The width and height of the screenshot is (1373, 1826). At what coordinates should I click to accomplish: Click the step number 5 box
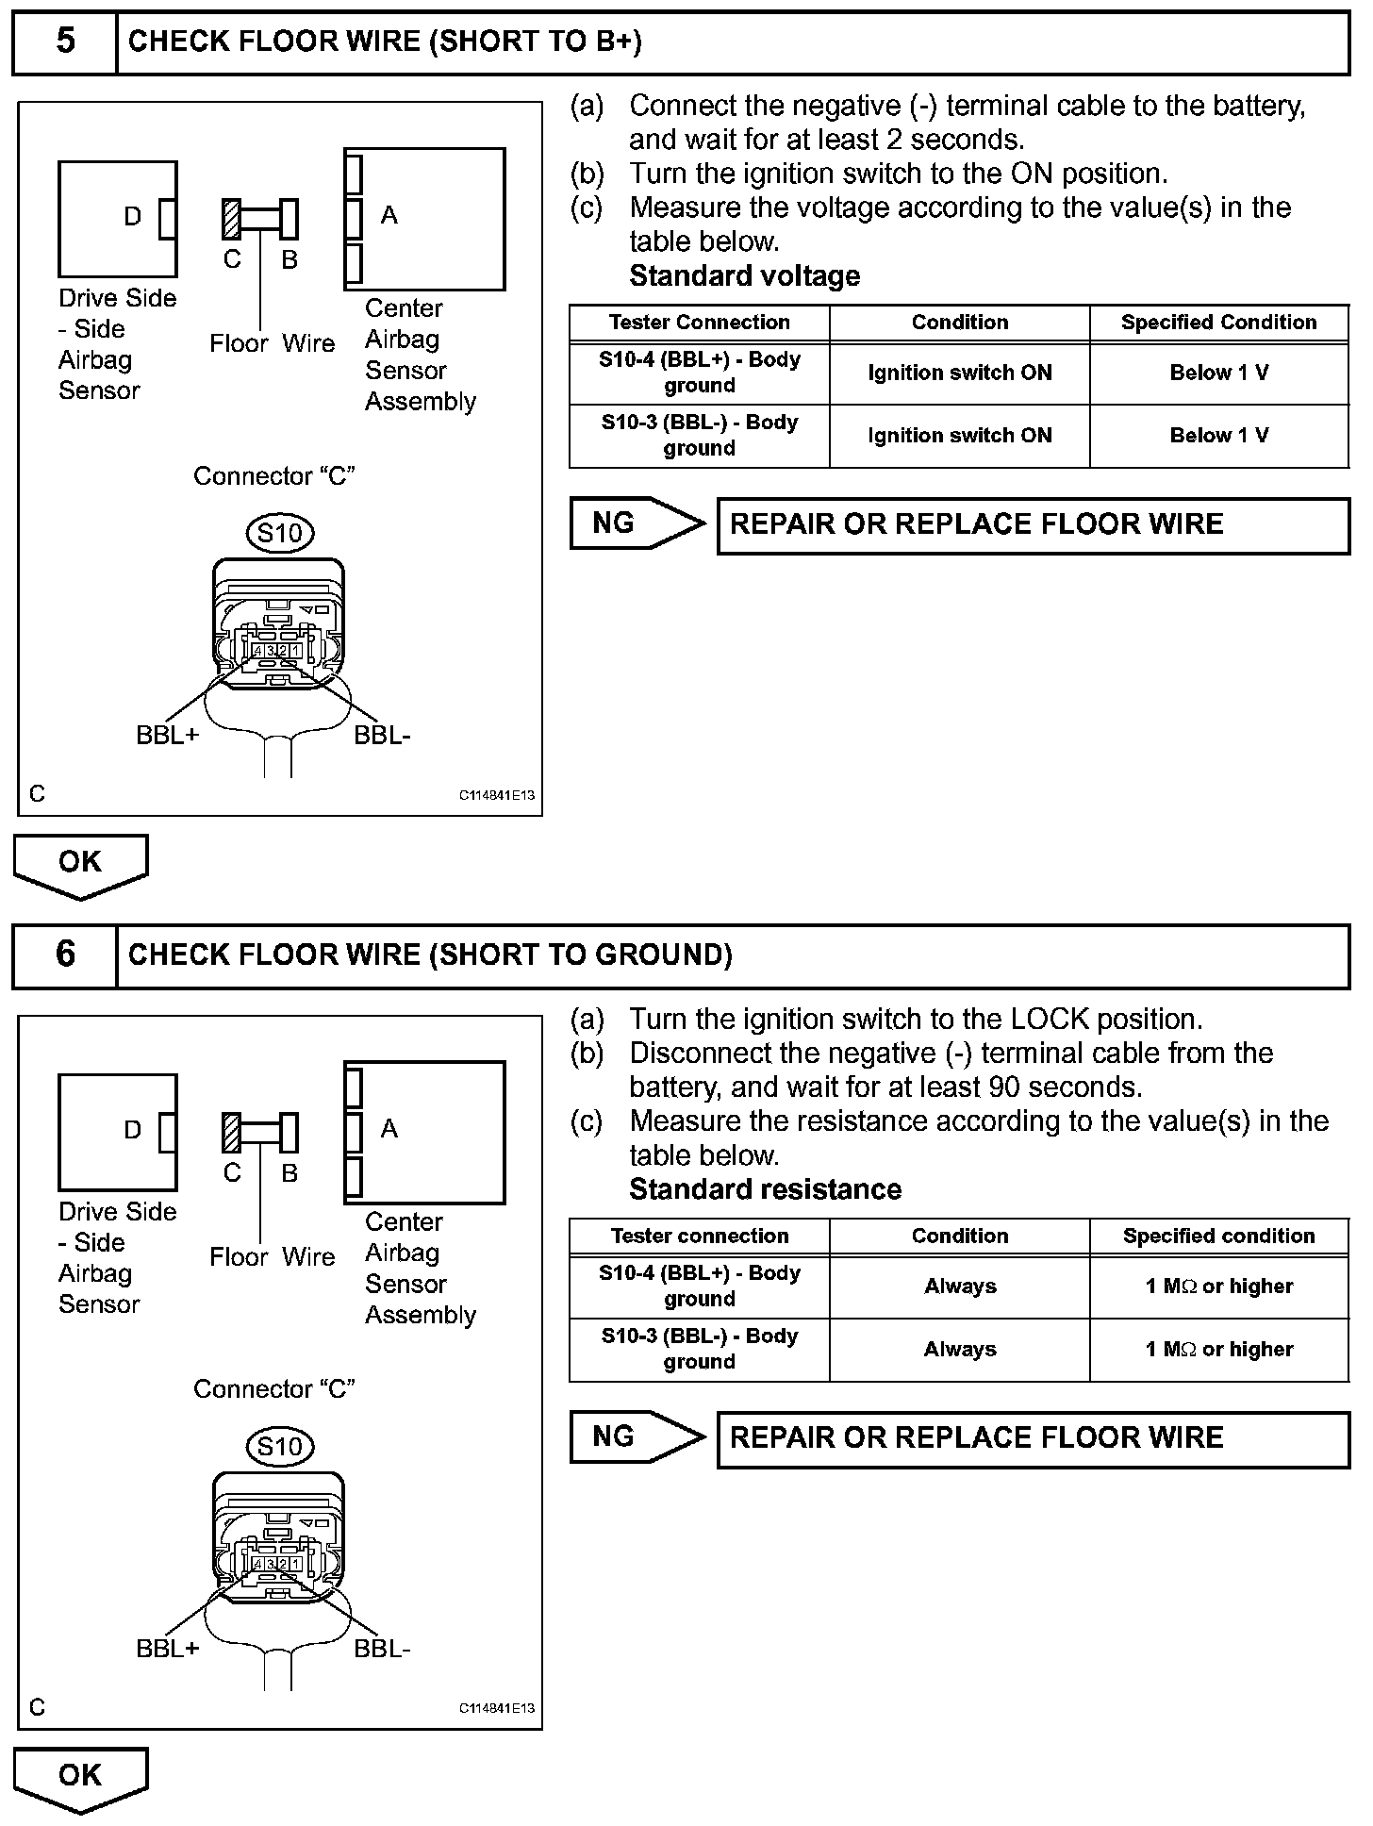coord(65,42)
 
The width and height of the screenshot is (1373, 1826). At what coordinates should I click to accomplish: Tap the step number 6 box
coord(65,955)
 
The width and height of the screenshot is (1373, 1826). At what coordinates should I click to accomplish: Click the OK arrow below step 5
coord(80,863)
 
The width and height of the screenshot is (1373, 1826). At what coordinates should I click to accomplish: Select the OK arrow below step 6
coord(80,1777)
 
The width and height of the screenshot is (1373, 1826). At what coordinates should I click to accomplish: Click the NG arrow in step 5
coord(637,523)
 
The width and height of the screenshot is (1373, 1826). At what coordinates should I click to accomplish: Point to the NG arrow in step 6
coord(637,1437)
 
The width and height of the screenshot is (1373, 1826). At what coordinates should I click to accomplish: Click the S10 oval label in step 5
coord(280,534)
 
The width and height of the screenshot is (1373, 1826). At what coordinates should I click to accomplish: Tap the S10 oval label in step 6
coord(280,1448)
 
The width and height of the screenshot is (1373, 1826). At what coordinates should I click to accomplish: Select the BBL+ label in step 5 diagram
coord(168,736)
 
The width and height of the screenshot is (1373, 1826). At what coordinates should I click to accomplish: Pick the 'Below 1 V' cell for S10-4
coord(1219,373)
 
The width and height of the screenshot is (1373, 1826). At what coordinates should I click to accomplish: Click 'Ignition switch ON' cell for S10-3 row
coord(960,436)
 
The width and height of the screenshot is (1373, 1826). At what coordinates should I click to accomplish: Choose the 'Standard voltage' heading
coord(745,276)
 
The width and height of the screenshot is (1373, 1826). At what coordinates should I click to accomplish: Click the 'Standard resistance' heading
coord(765,1189)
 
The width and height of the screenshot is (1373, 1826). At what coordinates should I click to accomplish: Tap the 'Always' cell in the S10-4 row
coord(960,1286)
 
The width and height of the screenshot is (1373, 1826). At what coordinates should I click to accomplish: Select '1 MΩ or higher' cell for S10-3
coord(1219,1350)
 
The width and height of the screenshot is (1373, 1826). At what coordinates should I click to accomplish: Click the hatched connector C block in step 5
coord(231,219)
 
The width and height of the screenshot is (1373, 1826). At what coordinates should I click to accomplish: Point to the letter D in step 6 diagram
coord(133,1130)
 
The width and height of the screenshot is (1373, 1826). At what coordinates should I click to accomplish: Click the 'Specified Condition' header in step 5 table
coord(1219,323)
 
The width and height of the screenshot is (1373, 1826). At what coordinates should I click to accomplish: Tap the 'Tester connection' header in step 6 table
coord(700,1237)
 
